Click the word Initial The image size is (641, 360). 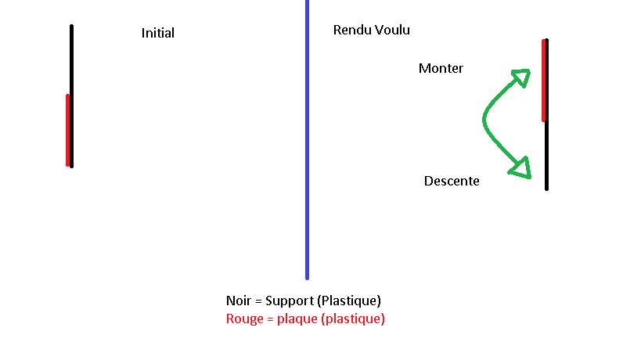tap(157, 33)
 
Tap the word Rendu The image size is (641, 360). tap(350, 30)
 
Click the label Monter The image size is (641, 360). tap(441, 68)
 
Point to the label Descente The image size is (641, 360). tap(452, 181)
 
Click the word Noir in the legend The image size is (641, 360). tap(239, 301)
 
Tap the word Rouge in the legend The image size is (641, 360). tap(243, 319)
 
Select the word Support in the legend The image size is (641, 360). tap(290, 301)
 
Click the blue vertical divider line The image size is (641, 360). tap(307, 157)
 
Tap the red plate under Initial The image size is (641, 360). tap(67, 130)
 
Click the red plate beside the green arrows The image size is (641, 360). tap(543, 81)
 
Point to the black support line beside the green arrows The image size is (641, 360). tap(546, 157)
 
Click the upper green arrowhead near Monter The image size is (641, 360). tap(521, 77)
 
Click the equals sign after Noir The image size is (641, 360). tap(259, 301)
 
